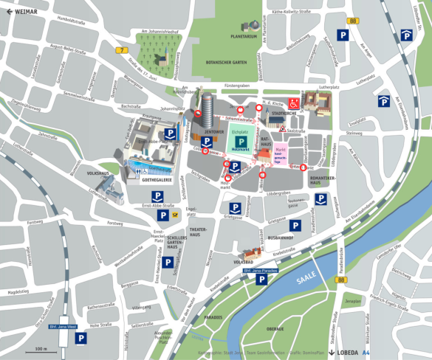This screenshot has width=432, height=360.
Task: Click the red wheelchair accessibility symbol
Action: click(x=294, y=103)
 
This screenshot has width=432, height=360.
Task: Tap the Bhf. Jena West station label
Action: click(x=58, y=325)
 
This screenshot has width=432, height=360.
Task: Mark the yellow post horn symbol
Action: click(x=176, y=215)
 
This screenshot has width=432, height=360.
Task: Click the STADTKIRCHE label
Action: click(x=284, y=114)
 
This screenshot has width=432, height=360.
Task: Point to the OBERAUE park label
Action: click(x=275, y=328)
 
